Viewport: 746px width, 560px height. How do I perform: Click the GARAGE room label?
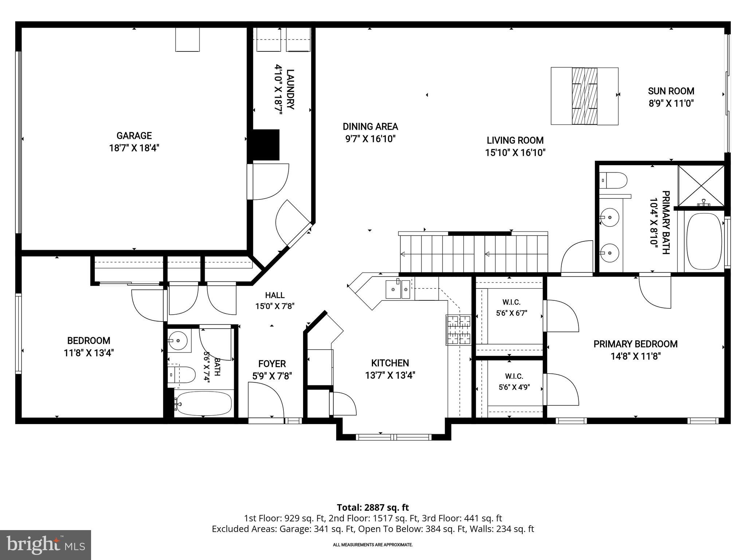tap(134, 136)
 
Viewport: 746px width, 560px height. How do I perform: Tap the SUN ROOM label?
tap(671, 91)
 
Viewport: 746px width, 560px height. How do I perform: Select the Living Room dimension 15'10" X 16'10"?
tap(515, 153)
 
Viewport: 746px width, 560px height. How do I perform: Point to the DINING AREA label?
tap(370, 127)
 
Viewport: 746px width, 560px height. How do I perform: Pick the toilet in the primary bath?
tap(613, 180)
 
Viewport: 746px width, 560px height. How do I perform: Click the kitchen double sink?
tap(398, 289)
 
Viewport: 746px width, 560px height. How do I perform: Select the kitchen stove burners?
tap(458, 330)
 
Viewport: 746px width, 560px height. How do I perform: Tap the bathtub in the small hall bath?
tap(203, 403)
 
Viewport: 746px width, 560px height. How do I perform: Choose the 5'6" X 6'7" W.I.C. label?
tap(511, 307)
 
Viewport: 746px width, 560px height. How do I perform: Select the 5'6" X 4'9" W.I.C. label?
tap(514, 381)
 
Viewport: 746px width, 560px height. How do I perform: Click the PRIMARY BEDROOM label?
tap(636, 344)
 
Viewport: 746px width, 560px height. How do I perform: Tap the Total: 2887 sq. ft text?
tap(373, 507)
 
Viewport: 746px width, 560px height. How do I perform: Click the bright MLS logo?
tap(46, 545)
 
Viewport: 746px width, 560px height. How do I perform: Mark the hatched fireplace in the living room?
tap(585, 96)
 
